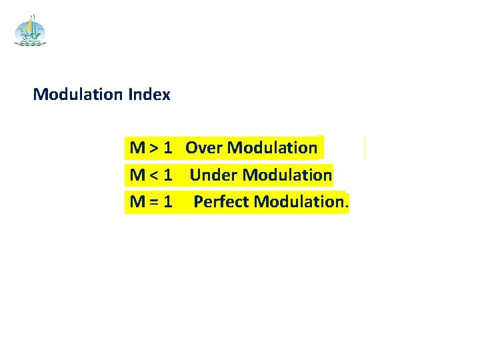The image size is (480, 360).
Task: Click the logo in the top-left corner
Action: [31, 31]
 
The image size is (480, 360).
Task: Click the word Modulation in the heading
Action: [77, 95]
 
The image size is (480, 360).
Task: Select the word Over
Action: [204, 147]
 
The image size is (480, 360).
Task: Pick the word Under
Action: [213, 175]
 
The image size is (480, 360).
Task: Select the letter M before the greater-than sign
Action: [138, 147]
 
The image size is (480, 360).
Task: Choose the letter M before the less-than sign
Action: [138, 175]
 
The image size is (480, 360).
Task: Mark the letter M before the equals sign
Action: [138, 201]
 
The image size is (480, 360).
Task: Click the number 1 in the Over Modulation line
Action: [169, 147]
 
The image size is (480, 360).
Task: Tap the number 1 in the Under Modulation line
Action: [168, 175]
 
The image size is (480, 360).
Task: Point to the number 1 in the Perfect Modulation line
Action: [168, 201]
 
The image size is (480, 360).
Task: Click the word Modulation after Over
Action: [272, 147]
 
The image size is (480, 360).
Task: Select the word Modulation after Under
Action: [287, 175]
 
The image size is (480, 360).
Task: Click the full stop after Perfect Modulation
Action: [345, 205]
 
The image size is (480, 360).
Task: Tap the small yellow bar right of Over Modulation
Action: [365, 148]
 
